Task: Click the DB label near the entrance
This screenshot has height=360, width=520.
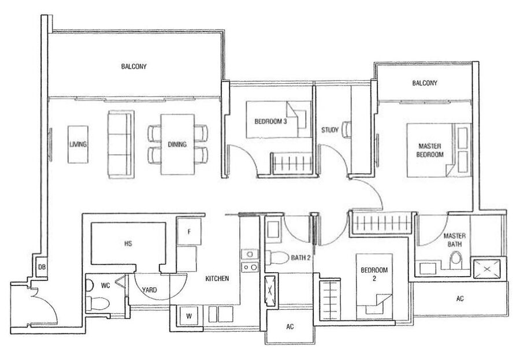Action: coord(42,267)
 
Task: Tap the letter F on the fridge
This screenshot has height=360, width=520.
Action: coord(189,232)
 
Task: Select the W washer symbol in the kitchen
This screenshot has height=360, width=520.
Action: coord(189,316)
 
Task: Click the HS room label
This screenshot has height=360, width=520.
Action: coord(128,243)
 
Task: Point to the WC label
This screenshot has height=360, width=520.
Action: coord(106,285)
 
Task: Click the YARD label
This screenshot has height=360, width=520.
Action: coord(149,290)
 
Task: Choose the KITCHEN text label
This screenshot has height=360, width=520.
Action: coord(217,279)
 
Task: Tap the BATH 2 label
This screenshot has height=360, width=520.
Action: coord(300,258)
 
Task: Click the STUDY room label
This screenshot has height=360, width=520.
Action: coord(330,130)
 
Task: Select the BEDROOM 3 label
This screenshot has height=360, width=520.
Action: coord(270,121)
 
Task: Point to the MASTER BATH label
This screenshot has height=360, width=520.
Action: coord(454,240)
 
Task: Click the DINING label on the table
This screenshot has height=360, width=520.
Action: coord(177,144)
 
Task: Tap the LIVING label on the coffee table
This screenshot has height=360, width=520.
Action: coord(78,144)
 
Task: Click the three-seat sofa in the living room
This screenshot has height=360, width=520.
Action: coord(121,144)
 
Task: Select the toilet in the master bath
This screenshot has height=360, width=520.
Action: coord(456,260)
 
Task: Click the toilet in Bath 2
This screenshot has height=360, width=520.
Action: coord(277,258)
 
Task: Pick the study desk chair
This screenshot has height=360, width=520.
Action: coord(347,129)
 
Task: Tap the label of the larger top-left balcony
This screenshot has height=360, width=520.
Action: coord(133,66)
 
